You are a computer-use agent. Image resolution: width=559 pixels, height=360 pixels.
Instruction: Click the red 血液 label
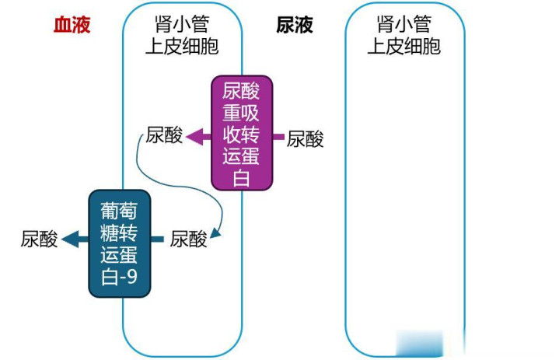72,25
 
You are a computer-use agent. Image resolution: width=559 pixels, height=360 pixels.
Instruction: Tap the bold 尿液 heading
295,25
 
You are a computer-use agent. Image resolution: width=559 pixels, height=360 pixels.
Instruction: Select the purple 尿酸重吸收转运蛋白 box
242,132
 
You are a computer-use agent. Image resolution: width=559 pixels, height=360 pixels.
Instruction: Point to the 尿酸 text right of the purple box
306,139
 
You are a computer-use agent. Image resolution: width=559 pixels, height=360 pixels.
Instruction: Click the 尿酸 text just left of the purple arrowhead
164,136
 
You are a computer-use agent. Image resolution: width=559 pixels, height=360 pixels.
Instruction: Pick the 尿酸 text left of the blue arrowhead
40,239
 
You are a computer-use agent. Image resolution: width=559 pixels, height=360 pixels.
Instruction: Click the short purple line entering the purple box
278,137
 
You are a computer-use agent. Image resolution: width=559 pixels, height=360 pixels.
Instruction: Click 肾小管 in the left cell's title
182,26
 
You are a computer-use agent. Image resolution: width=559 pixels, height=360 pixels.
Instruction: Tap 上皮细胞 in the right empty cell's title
404,46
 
